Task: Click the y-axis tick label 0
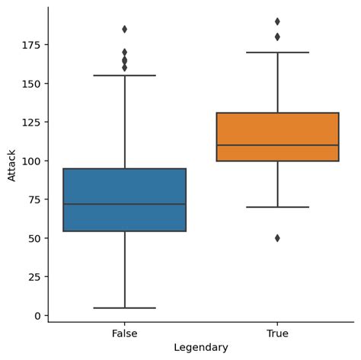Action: tap(38, 315)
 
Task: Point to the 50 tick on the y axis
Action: tap(35, 238)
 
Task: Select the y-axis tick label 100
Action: tap(32, 161)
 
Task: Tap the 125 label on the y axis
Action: tap(32, 123)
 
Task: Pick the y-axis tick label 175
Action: tap(32, 45)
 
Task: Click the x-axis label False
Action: tap(124, 333)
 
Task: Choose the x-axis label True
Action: tap(277, 333)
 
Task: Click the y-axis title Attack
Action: tap(11, 164)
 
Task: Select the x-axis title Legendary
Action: tap(200, 348)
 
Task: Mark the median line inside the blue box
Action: tap(124, 204)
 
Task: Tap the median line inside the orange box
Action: tap(277, 145)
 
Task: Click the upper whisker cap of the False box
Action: tap(124, 75)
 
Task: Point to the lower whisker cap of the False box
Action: tap(124, 307)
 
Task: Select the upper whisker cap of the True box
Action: tap(277, 53)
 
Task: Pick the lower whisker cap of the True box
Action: tap(277, 207)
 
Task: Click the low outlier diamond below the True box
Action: tap(277, 238)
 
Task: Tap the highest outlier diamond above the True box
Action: tap(277, 21)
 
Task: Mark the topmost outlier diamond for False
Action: tap(124, 29)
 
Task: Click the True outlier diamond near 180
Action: tap(277, 37)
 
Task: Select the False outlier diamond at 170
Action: tap(124, 53)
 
